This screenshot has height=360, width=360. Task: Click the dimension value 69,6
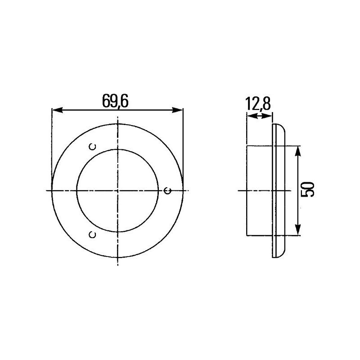(116, 102)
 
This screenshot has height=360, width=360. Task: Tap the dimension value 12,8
(258, 104)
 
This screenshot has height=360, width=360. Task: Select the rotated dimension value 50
(308, 189)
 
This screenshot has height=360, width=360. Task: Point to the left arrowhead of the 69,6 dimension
(55, 110)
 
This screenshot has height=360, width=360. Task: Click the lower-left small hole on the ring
(92, 234)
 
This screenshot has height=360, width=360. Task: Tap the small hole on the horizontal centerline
(168, 190)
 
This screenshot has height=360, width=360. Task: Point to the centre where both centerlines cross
(118, 190)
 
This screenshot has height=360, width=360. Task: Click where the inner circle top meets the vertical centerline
(118, 149)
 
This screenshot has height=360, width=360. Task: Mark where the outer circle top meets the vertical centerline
(118, 124)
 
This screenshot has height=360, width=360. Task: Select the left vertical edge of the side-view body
(247, 190)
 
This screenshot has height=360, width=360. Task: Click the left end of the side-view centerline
(238, 190)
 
